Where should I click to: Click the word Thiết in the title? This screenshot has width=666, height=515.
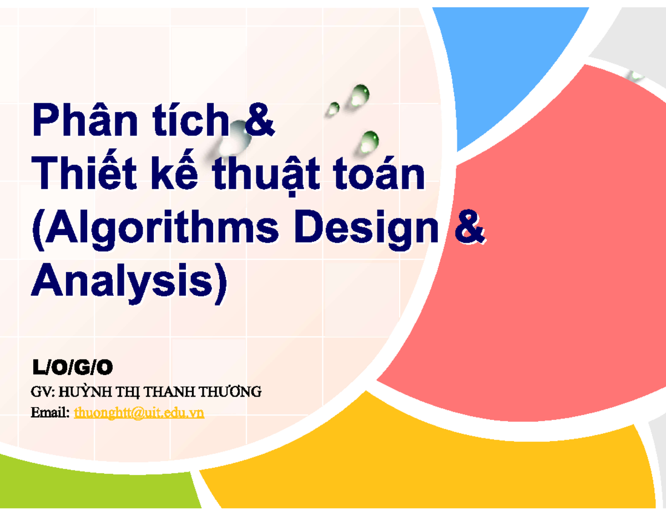coord(86,176)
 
